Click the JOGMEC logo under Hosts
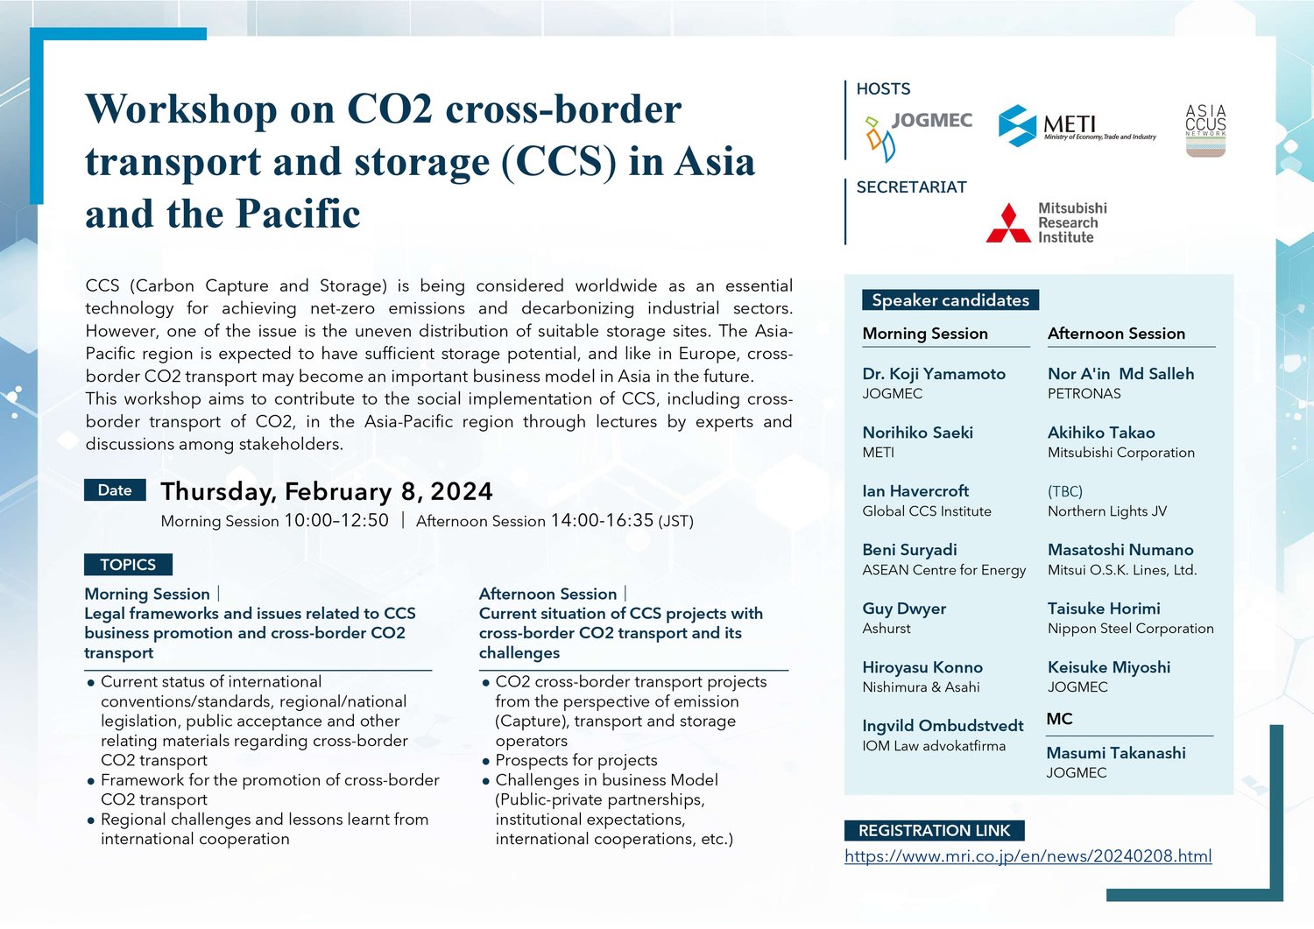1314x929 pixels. (x=918, y=137)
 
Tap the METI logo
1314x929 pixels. (x=1077, y=125)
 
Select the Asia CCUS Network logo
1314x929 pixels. (x=1205, y=130)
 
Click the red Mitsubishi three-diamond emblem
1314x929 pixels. (x=1008, y=223)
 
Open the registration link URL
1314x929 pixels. (x=1028, y=856)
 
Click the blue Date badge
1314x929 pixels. (x=115, y=490)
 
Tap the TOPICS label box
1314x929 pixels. (x=128, y=564)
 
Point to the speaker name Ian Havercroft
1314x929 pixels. (x=915, y=491)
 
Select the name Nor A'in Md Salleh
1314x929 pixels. (x=1120, y=374)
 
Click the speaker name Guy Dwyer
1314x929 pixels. (x=904, y=609)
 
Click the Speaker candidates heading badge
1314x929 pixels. (x=950, y=299)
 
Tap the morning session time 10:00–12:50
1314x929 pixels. (x=336, y=520)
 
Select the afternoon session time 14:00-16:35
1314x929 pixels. (x=602, y=520)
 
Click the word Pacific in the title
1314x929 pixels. (x=299, y=213)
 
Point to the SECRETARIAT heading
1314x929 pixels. (x=912, y=187)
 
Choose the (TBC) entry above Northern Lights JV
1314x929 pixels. (x=1065, y=491)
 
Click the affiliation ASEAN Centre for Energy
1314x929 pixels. (x=943, y=569)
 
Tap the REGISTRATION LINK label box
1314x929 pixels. (x=935, y=830)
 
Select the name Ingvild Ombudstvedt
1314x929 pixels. (x=943, y=726)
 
